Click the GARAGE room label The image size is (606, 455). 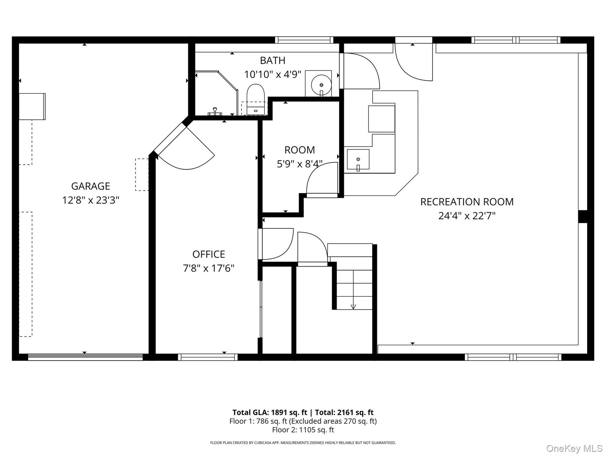point(91,186)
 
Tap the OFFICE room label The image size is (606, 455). point(209,254)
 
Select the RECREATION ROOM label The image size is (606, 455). point(467,202)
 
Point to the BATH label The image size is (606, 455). point(273,60)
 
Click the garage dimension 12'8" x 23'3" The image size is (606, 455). point(91,200)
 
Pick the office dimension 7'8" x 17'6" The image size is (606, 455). point(209,268)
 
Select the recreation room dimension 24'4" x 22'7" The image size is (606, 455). point(467,216)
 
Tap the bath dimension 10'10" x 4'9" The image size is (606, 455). point(273,74)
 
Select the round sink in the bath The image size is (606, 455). point(321,85)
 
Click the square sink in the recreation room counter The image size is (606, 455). point(358,160)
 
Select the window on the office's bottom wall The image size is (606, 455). point(208,357)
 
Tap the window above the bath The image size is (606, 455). point(304,40)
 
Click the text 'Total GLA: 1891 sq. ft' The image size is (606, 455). point(270,412)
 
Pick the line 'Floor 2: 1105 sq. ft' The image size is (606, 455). point(303,430)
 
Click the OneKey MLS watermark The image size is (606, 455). point(574,448)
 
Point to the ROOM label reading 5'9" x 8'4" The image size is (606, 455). point(300,156)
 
